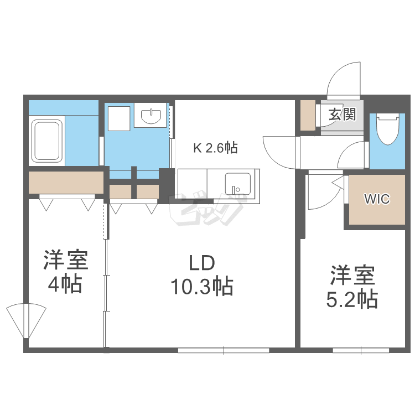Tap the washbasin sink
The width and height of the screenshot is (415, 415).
pos(151,116)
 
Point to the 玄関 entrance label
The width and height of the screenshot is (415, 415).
pos(341,115)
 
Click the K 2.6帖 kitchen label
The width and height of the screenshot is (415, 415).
pos(215,148)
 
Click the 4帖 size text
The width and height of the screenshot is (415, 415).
pos(65,284)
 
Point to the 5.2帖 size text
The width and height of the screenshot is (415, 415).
pos(352,299)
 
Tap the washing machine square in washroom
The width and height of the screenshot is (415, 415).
pos(118,117)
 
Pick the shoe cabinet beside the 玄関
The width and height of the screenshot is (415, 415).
pos(307,115)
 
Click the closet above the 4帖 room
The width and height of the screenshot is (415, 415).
pos(66,183)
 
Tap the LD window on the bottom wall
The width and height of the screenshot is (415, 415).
pos(224,350)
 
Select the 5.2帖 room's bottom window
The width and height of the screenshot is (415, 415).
pos(361,350)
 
